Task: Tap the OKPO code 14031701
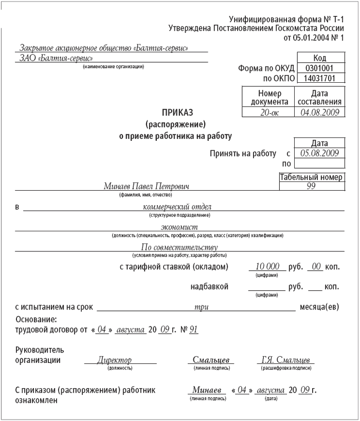pyautogui.click(x=319, y=79)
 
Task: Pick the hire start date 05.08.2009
pyautogui.click(x=319, y=153)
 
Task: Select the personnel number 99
pyautogui.click(x=311, y=187)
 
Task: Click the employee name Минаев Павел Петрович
pyautogui.click(x=147, y=187)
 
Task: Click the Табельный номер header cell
pyautogui.click(x=311, y=177)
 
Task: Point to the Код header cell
pyautogui.click(x=319, y=59)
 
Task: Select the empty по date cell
pyautogui.click(x=319, y=163)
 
